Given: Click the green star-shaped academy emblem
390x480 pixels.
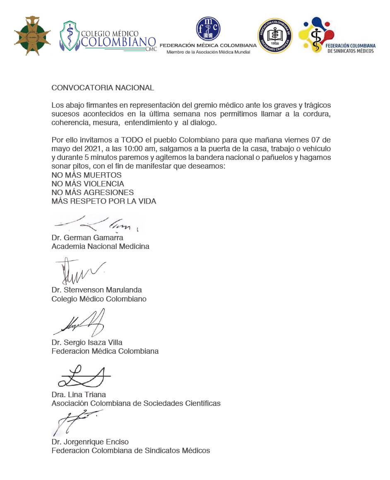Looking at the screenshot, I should point(32,36).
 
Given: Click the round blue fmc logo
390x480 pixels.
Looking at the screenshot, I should point(208,29).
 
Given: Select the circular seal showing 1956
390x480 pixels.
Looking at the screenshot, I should point(275,36).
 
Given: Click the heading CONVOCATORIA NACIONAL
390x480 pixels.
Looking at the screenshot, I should point(103,88).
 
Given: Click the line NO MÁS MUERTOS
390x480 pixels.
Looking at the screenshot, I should point(87,175).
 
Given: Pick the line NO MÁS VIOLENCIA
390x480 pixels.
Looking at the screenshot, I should point(88,184).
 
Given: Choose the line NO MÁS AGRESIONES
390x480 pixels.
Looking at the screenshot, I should point(93,193).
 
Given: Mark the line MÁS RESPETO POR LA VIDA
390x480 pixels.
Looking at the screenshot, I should point(104,201).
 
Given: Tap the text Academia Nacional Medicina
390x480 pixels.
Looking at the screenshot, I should point(100,246).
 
